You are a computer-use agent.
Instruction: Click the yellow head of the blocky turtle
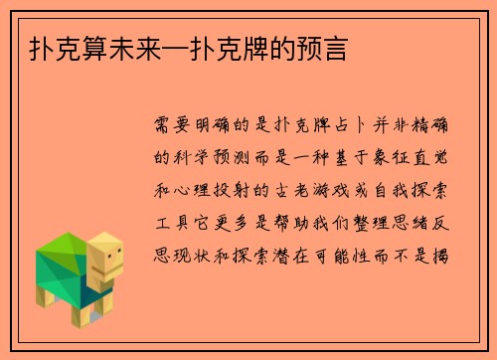click(x=105, y=262)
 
